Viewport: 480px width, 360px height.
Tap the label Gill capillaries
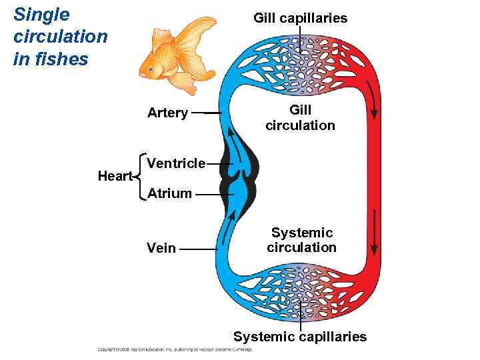click(x=300, y=18)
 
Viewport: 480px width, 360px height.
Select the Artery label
click(x=167, y=113)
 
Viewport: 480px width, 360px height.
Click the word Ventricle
click(x=176, y=163)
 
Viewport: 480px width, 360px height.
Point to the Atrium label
click(x=169, y=194)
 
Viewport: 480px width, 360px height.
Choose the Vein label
click(x=161, y=248)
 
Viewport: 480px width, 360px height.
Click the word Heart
click(x=115, y=176)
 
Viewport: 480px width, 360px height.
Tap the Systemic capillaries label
click(x=300, y=337)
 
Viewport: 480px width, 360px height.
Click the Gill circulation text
click(x=300, y=117)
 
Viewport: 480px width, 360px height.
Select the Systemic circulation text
click(x=301, y=240)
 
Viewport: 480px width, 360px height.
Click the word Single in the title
click(x=41, y=14)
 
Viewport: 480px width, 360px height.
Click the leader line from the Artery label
click(x=207, y=113)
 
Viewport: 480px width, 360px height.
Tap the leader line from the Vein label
click(x=198, y=249)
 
